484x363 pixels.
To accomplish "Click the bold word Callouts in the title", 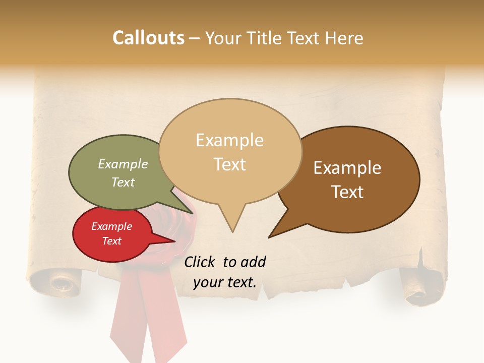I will tap(148, 38).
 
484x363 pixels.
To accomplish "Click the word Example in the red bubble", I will tap(111, 226).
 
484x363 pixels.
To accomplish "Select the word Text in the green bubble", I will tap(123, 183).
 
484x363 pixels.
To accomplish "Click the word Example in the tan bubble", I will tap(230, 140).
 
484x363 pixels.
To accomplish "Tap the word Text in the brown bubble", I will tap(347, 192).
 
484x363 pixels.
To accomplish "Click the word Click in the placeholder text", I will tap(200, 262).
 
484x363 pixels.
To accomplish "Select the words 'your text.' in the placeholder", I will tap(225, 282).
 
